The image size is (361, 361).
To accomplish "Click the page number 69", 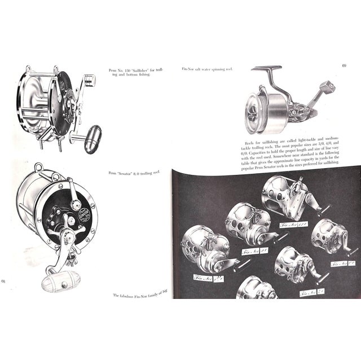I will click(x=344, y=65).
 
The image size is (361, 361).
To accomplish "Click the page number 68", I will click(x=5, y=280).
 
